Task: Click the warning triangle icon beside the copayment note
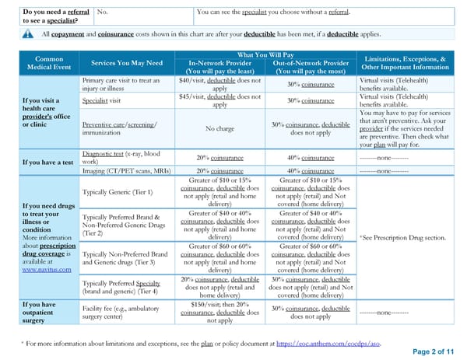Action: pos(28,33)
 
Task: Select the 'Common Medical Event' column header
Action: pos(49,63)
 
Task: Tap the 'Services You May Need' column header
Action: pos(127,63)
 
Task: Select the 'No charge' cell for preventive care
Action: pos(219,128)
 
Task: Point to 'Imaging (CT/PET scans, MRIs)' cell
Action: pos(126,170)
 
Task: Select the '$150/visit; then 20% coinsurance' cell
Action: pos(219,311)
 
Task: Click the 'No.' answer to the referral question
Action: pos(102,12)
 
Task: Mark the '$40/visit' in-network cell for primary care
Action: pos(219,85)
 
